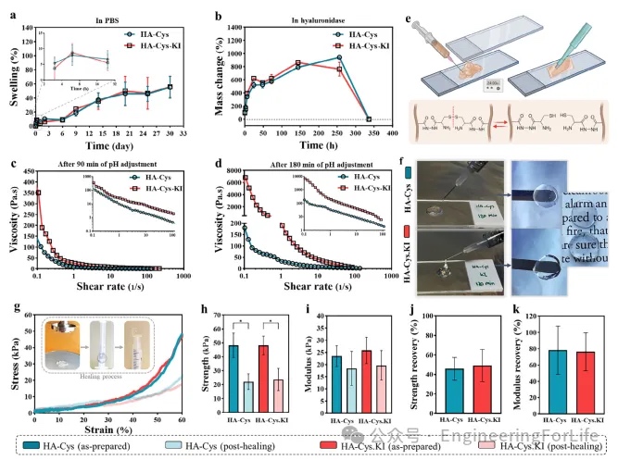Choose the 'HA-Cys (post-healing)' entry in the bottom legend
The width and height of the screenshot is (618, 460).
coord(209,445)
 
